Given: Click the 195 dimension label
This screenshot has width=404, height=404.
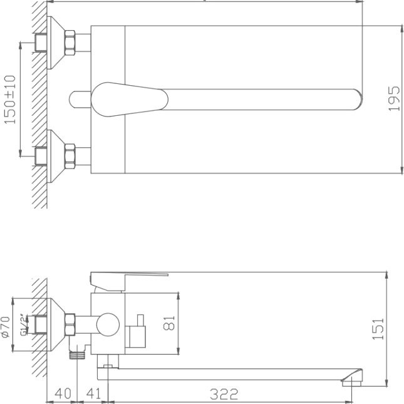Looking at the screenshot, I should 394,98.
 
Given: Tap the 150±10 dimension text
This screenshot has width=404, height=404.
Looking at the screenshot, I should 11,100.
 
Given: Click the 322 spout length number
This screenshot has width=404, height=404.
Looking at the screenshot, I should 224,394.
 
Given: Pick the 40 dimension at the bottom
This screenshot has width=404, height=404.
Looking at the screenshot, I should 62,394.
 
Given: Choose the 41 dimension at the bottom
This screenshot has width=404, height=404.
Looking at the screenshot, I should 93,394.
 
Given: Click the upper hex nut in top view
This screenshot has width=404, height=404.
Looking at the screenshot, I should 70,43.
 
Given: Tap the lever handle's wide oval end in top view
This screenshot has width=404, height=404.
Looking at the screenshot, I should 128,98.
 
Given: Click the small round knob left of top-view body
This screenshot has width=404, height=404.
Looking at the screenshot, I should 78,99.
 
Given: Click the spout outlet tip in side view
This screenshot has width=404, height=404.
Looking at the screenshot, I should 353,378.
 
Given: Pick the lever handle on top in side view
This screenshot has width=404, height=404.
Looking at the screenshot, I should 129,276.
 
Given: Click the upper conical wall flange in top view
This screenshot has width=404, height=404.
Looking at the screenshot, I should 56,43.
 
